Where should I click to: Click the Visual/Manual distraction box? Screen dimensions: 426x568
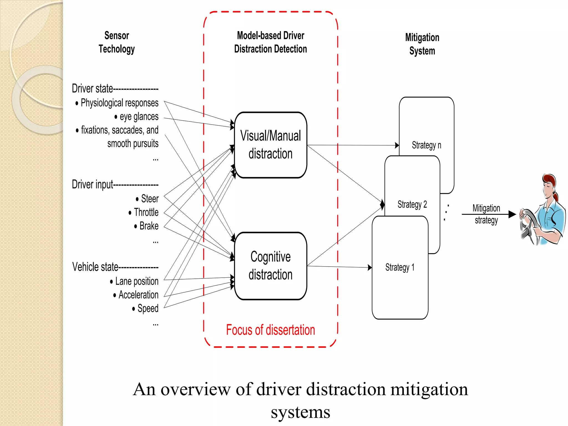pyautogui.click(x=270, y=145)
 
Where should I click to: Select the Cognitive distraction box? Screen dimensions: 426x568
pyautogui.click(x=270, y=266)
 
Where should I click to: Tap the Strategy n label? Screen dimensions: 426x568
pyautogui.click(x=426, y=145)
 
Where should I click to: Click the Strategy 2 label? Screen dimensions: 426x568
pyautogui.click(x=412, y=204)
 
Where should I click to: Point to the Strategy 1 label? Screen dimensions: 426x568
pyautogui.click(x=400, y=267)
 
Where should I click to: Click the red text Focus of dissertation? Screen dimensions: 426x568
pyautogui.click(x=270, y=330)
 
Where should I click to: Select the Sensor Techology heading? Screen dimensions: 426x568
pyautogui.click(x=117, y=42)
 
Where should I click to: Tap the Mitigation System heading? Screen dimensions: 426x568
pyautogui.click(x=422, y=44)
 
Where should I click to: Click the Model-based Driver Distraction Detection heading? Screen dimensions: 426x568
pyautogui.click(x=270, y=42)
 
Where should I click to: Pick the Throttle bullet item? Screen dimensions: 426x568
pyautogui.click(x=146, y=212)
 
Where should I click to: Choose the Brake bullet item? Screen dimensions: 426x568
pyautogui.click(x=149, y=226)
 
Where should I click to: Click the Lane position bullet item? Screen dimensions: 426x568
pyautogui.click(x=137, y=281)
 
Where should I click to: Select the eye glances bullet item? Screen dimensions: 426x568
pyautogui.click(x=139, y=117)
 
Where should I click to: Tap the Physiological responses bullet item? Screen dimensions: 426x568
pyautogui.click(x=119, y=103)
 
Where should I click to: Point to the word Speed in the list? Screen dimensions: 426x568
pyautogui.click(x=148, y=308)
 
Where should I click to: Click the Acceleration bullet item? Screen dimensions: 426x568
pyautogui.click(x=138, y=295)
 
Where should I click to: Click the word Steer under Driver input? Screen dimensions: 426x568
pyautogui.click(x=150, y=199)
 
